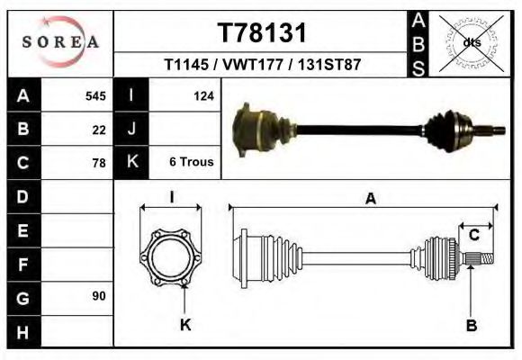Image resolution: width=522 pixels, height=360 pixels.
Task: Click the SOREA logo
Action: click(x=60, y=43)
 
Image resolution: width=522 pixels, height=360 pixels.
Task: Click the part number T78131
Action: click(x=263, y=33)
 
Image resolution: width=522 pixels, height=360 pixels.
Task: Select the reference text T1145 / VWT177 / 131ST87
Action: click(x=263, y=66)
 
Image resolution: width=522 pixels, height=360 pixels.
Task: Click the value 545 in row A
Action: click(x=94, y=96)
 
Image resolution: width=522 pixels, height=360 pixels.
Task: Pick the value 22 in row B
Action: click(x=98, y=130)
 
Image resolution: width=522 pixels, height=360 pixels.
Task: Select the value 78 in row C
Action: click(x=98, y=163)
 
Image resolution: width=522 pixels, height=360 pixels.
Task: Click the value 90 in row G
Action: click(x=98, y=296)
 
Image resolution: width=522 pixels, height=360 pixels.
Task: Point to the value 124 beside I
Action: click(x=202, y=96)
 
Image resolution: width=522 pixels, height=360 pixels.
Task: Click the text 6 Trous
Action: click(x=191, y=163)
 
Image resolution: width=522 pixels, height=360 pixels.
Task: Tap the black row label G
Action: click(x=23, y=296)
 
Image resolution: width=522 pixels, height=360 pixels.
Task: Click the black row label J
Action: click(x=131, y=130)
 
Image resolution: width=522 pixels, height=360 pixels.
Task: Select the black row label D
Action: click(x=23, y=196)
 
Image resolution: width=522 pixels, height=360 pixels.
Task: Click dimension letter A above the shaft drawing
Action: click(x=370, y=200)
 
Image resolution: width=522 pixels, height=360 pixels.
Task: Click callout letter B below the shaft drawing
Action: click(x=471, y=325)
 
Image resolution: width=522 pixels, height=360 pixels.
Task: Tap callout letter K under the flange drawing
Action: click(x=185, y=325)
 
